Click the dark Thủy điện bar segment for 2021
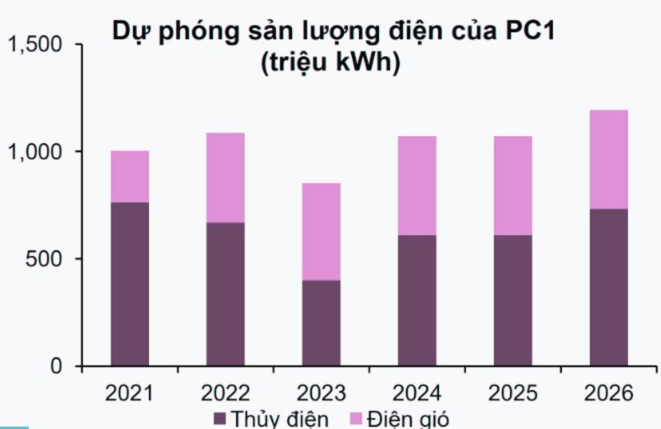(130, 284)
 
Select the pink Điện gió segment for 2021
(130, 176)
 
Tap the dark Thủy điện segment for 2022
(225, 294)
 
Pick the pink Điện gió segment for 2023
(321, 231)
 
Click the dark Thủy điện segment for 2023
(321, 323)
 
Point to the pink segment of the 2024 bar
(416, 185)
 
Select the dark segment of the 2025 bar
(513, 300)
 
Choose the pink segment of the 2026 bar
(608, 159)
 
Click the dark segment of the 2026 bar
(608, 287)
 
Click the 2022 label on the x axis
(225, 393)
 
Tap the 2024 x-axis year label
(416, 393)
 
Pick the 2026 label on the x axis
(608, 393)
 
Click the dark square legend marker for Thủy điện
(220, 419)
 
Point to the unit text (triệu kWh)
(330, 63)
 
